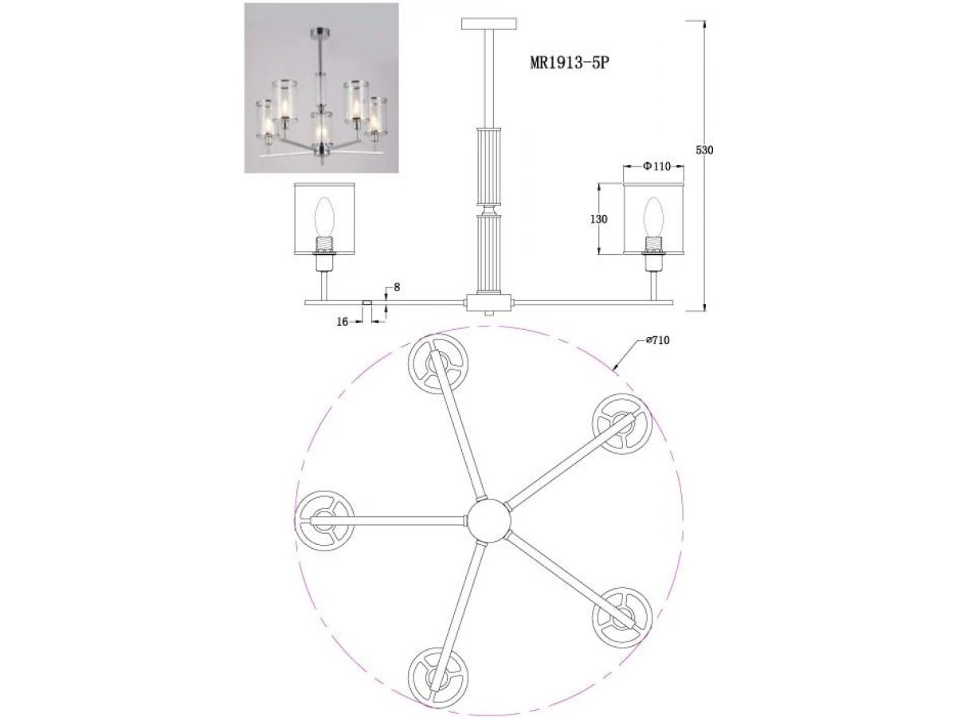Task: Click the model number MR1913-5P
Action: [x=570, y=63]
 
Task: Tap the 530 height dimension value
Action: [x=704, y=151]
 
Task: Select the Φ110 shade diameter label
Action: [x=656, y=166]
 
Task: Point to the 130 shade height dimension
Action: [x=598, y=219]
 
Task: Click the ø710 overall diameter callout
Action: [x=658, y=340]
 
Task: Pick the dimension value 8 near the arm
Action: [x=396, y=287]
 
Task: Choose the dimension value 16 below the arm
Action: [x=343, y=322]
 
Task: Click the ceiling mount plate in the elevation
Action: [x=488, y=24]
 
